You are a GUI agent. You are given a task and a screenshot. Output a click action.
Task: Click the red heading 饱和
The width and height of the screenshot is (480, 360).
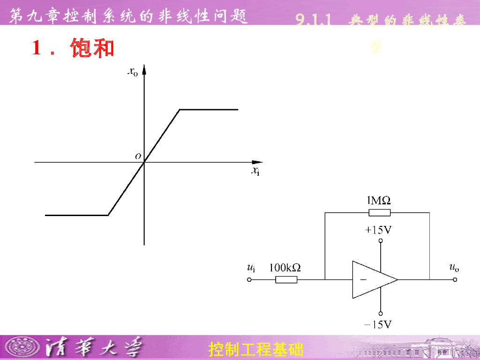tap(92, 48)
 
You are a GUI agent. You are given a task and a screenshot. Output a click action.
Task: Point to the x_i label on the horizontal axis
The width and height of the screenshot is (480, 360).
tap(255, 171)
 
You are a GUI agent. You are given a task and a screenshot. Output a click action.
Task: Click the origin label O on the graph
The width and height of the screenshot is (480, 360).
tap(138, 156)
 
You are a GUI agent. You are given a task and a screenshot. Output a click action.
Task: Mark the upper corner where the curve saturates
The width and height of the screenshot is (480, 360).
tap(180, 110)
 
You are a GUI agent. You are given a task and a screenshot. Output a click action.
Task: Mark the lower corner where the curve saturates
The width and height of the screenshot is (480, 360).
tap(108, 215)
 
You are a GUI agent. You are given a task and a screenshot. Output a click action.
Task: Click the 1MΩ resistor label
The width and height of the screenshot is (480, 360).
tap(378, 201)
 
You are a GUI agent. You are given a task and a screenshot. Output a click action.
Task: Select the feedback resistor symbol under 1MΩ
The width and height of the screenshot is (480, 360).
tap(380, 212)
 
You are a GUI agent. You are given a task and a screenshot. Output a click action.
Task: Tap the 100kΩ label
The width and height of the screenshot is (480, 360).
tap(285, 268)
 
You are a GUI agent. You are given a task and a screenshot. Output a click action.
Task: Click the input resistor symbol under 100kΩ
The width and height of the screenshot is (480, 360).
tap(286, 280)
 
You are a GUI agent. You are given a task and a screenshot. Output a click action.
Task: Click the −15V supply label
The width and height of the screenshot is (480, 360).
tap(379, 324)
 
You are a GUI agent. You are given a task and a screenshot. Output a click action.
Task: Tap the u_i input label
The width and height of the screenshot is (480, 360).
tap(251, 268)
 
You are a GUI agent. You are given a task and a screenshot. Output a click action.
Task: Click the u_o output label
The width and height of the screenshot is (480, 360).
tap(454, 268)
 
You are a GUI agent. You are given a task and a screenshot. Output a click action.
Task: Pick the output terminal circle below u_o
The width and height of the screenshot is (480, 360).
tap(454, 280)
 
